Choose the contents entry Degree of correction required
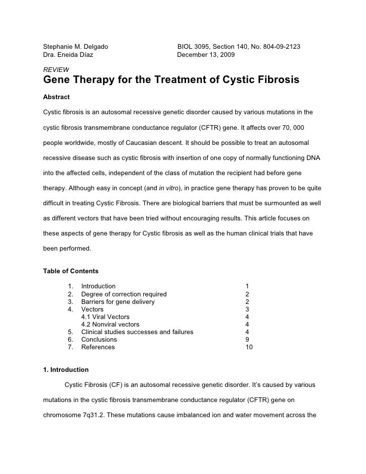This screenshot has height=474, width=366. coord(124,294)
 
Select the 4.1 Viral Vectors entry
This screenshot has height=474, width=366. coord(105,317)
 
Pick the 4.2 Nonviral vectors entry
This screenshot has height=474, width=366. coord(110,325)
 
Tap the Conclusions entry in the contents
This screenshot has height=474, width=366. coord(99,340)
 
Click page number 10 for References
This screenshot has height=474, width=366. coord(249,347)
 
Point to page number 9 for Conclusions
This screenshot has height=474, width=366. coord(247,340)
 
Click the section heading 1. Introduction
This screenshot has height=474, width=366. coord(66,370)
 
